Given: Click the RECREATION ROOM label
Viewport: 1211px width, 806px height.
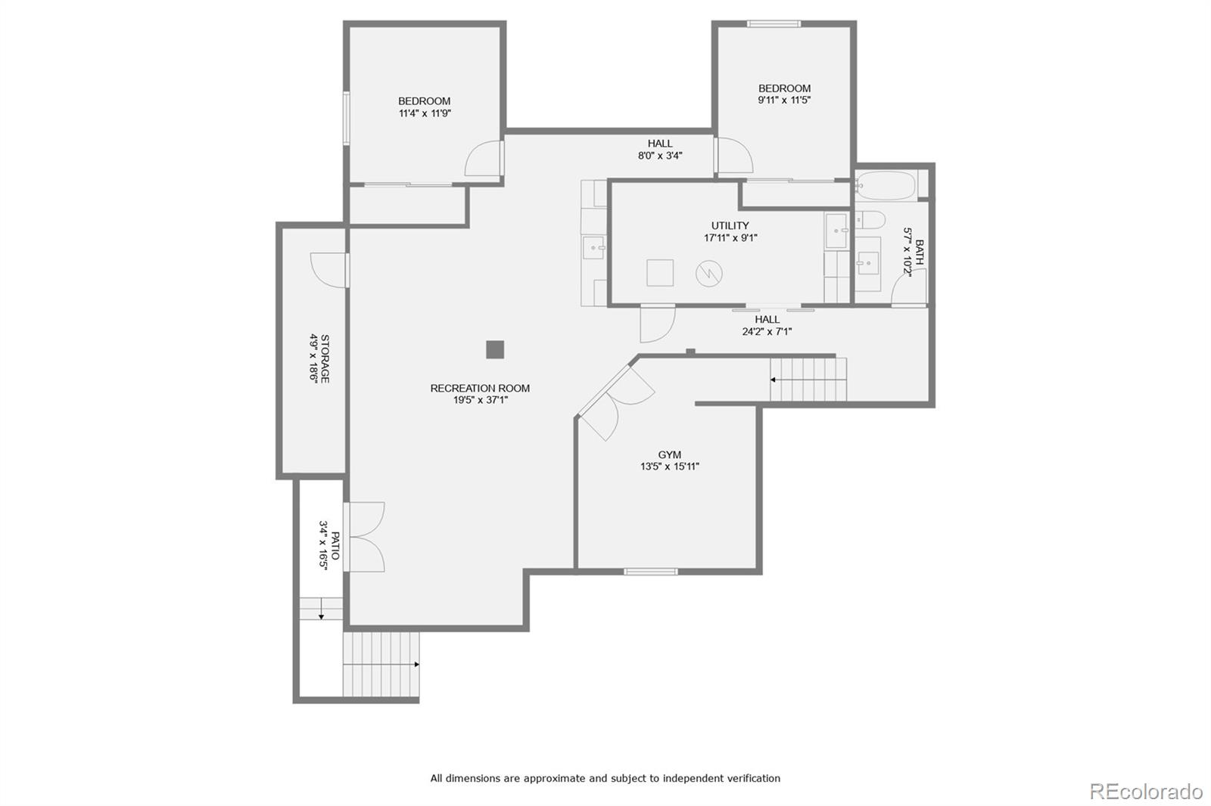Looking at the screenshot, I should [x=480, y=388].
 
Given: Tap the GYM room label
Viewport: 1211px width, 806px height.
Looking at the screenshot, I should [x=669, y=454].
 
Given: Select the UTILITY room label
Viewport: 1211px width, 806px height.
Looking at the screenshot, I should [x=730, y=225].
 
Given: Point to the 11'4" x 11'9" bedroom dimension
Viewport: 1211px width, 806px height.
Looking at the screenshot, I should [x=425, y=113].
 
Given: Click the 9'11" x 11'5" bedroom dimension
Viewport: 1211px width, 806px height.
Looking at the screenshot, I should [x=784, y=100].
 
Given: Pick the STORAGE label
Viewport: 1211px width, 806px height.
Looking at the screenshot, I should [x=325, y=358].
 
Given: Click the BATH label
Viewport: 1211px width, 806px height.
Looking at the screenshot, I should [x=919, y=253].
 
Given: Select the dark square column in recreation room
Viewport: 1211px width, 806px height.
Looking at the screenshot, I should [x=494, y=349].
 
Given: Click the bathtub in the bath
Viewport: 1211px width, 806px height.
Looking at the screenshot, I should [x=886, y=185].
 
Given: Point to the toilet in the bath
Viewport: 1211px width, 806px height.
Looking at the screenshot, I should [x=870, y=220].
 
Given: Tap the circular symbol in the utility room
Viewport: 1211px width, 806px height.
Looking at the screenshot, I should [x=709, y=273].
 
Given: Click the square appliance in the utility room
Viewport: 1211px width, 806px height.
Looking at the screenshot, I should [x=660, y=272].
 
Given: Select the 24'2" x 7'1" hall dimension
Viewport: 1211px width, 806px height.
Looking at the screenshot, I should [x=767, y=331].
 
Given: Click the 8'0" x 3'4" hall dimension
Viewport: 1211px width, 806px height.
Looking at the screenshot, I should [x=660, y=156].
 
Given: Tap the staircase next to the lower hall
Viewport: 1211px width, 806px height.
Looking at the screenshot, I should [x=808, y=380].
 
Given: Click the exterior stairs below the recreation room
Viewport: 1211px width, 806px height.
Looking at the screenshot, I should [x=381, y=665].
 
